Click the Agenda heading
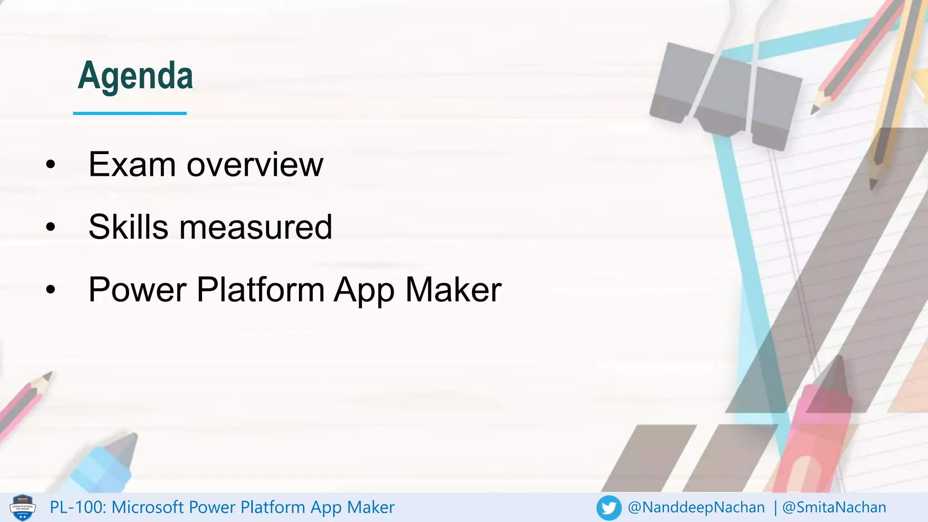(135, 76)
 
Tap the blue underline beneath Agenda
(130, 113)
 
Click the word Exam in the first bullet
(132, 164)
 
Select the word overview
(255, 164)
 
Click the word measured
(256, 227)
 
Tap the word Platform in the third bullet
(261, 290)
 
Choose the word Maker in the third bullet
(453, 290)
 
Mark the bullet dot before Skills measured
(50, 227)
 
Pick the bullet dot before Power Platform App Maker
(50, 290)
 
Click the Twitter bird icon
(609, 507)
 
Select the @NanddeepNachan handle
(696, 507)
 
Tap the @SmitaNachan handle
(834, 507)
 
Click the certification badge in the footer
(23, 507)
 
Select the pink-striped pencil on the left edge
(23, 403)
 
